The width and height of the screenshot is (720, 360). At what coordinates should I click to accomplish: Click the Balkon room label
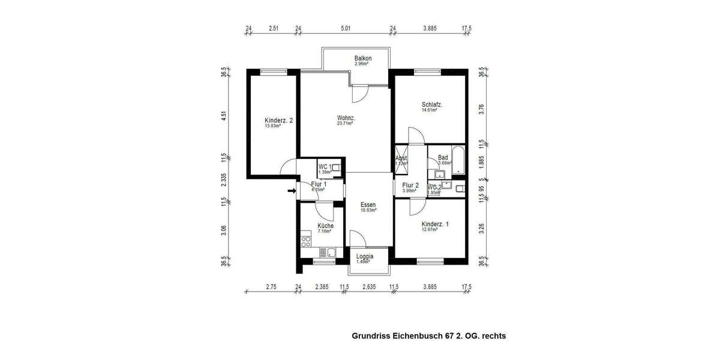363,58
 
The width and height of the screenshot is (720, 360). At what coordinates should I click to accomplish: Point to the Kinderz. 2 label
278,121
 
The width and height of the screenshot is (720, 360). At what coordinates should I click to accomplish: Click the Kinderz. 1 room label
435,224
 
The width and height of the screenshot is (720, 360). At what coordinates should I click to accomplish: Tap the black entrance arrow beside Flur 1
292,191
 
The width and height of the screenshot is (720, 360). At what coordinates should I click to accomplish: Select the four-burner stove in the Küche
305,242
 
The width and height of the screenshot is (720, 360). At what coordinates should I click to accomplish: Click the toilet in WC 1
337,169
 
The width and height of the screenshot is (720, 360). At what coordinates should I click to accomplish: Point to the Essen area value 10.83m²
368,211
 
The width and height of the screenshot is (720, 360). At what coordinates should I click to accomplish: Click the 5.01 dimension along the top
345,28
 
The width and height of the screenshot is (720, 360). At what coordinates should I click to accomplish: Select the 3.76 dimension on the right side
481,108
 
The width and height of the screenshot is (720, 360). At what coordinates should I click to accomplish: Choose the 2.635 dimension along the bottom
368,287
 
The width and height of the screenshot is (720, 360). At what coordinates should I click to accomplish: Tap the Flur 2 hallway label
410,185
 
